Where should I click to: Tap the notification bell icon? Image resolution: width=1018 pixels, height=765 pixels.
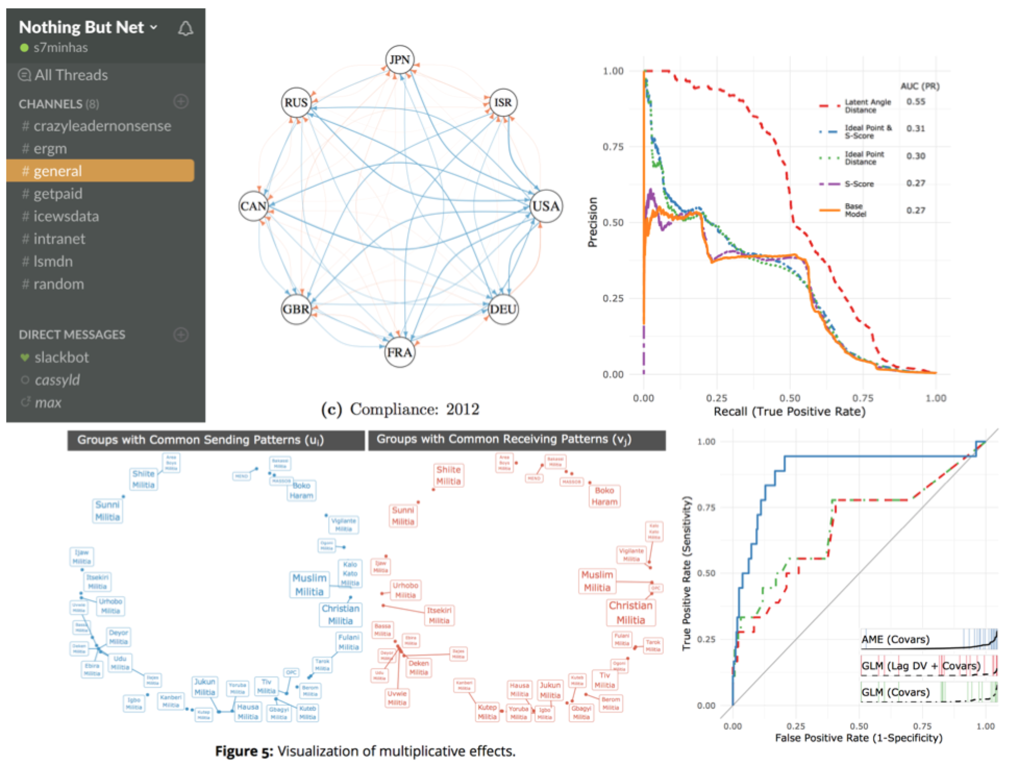point(185,29)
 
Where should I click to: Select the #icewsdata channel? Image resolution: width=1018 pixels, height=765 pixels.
point(66,216)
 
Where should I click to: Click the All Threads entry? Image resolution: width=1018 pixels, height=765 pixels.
point(71,75)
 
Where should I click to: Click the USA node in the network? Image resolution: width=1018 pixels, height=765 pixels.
point(545,206)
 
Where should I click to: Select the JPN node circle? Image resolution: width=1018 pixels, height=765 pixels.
point(400,60)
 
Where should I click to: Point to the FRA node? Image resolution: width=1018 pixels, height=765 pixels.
point(400,352)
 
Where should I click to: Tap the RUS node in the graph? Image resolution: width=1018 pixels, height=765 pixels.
point(296,103)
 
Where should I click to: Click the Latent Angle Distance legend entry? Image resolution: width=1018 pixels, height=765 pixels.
point(867,106)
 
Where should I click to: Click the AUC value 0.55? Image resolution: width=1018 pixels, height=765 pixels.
point(916,102)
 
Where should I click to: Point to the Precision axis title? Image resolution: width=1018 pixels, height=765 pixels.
point(592,222)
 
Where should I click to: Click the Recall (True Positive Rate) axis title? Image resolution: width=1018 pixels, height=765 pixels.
point(789,412)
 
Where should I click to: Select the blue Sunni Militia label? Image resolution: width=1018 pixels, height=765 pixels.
point(107,511)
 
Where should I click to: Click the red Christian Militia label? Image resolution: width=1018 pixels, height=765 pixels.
point(630,612)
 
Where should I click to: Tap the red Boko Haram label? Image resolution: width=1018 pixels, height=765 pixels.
point(604,496)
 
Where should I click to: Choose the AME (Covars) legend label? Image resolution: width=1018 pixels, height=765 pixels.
point(895,639)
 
